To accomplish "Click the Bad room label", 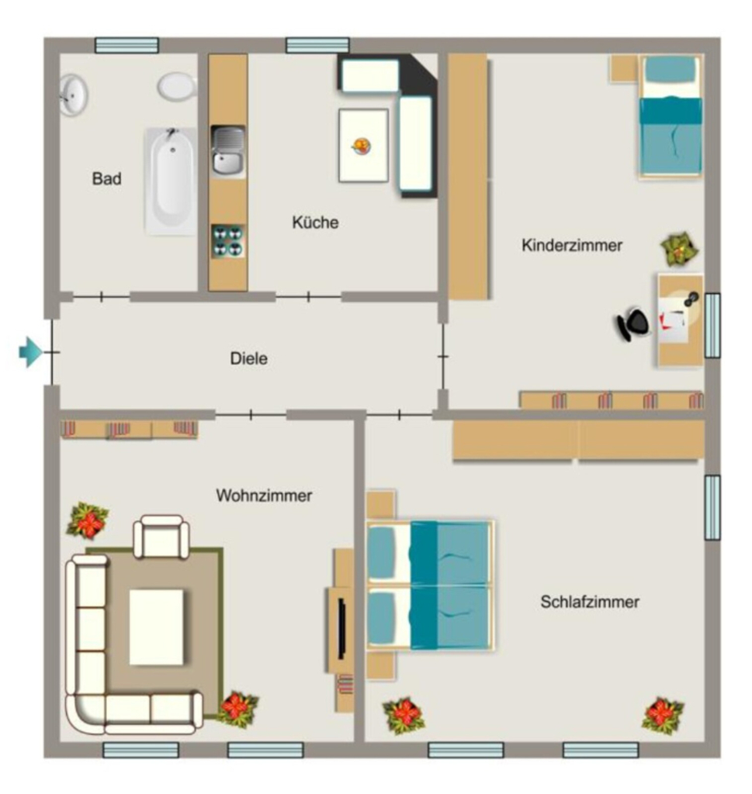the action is [x=106, y=179].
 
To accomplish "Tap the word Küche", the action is [x=315, y=222].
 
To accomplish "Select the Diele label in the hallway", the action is [x=249, y=358].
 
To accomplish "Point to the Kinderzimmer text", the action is [x=572, y=245].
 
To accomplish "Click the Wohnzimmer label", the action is [x=264, y=495].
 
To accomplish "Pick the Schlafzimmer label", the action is [x=590, y=602].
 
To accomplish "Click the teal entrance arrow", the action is [x=30, y=351].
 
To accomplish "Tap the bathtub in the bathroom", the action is [x=171, y=181].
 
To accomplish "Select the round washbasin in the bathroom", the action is [x=74, y=95].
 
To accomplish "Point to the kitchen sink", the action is [x=228, y=151].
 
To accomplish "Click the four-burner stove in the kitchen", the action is [x=228, y=241].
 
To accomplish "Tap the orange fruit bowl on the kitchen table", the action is [x=362, y=147].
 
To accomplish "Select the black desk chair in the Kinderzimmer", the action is [x=633, y=323].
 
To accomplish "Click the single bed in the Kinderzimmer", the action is [x=671, y=116].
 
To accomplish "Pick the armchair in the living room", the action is [x=161, y=537].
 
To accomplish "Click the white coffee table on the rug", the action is [x=157, y=627].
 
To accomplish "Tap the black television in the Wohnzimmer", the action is [x=342, y=628].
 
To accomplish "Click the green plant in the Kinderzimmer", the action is [x=680, y=248].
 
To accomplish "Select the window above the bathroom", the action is [x=126, y=45].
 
